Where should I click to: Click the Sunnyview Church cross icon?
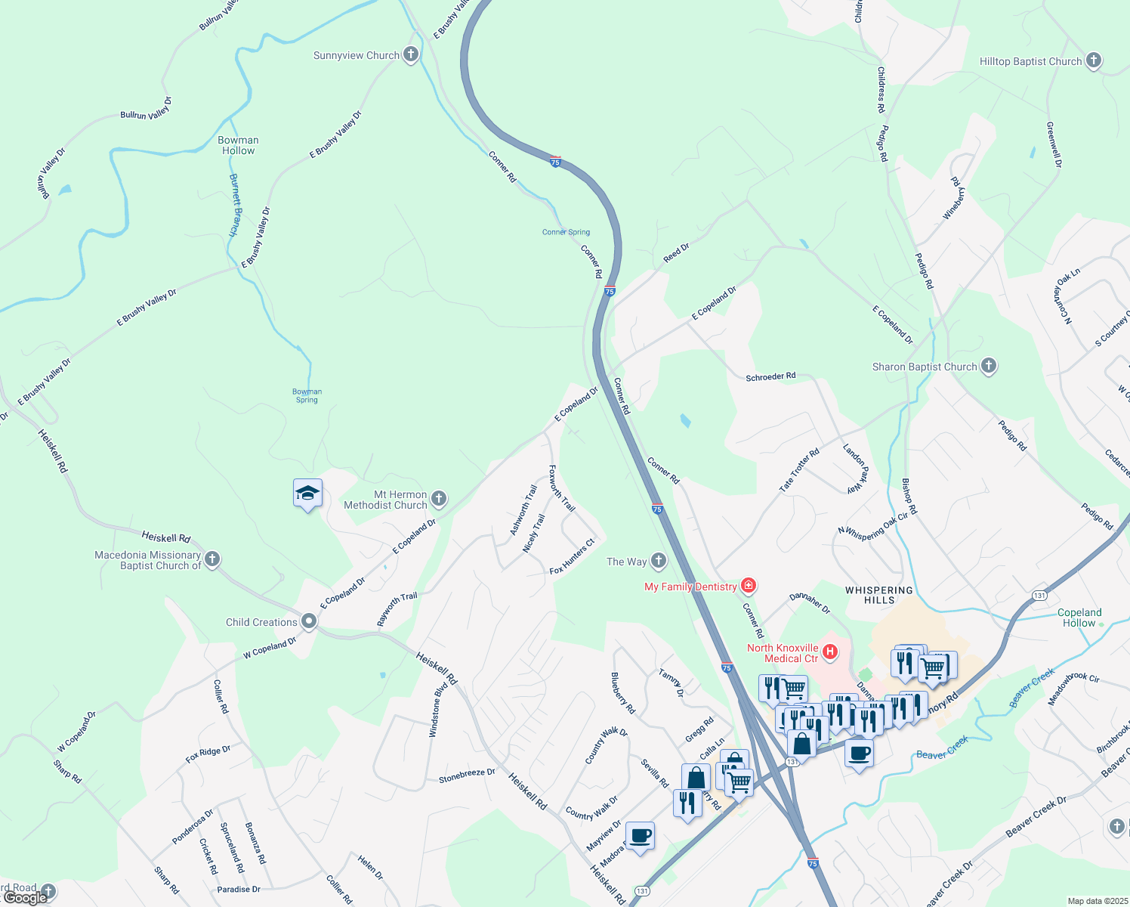(410, 54)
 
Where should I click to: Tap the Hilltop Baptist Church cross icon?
(1093, 61)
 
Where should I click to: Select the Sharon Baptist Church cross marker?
(988, 367)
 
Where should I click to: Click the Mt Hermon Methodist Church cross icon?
(439, 499)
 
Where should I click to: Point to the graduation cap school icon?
(307, 494)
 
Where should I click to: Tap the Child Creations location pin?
(308, 621)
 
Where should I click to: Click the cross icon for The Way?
(659, 561)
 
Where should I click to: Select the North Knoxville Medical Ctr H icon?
(830, 652)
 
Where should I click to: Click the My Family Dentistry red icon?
(748, 586)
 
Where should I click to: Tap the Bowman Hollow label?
(238, 145)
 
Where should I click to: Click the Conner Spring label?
(566, 232)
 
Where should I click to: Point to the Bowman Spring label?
(307, 395)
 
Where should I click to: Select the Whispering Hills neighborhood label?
(878, 595)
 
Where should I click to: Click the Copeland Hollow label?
(1079, 618)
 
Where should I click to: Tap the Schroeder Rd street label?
(770, 376)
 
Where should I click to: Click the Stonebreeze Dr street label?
(467, 774)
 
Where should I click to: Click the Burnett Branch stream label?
(234, 205)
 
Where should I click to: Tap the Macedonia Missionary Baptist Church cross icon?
(212, 559)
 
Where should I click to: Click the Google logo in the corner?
(25, 898)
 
